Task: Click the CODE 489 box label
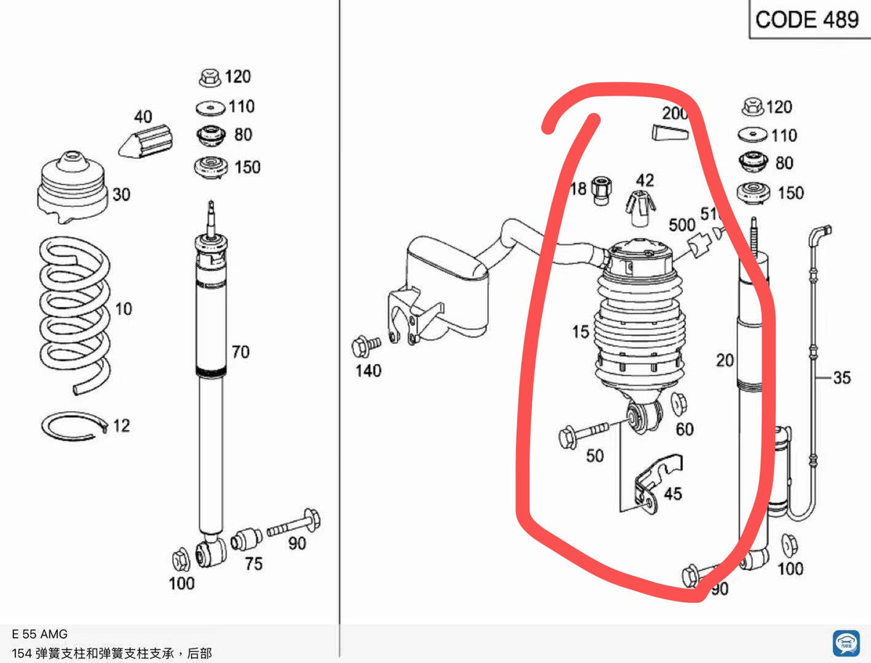tap(806, 20)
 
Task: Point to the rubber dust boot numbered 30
tap(73, 186)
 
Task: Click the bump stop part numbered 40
tap(146, 141)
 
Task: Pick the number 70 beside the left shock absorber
tap(240, 352)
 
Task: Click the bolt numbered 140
tap(366, 346)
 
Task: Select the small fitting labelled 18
tap(602, 192)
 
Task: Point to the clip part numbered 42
tap(640, 208)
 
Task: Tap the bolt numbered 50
tap(584, 435)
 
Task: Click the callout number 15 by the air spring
tap(581, 331)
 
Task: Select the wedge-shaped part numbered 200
tap(670, 133)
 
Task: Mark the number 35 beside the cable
tap(842, 377)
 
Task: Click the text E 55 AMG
tap(40, 634)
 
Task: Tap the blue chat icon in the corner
tap(846, 643)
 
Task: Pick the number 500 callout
tap(682, 225)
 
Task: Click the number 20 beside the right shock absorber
tap(724, 361)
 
